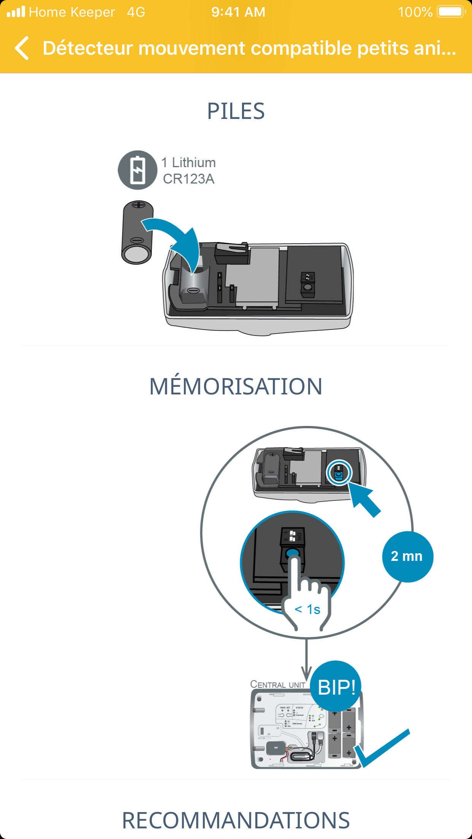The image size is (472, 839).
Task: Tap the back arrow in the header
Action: coord(22,48)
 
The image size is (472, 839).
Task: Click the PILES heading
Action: coord(236,111)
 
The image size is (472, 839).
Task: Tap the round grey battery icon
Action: coord(138,170)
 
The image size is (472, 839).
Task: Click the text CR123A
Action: coord(188,179)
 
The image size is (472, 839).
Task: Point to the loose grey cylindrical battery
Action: coord(137,233)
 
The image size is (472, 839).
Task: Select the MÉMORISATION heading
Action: coord(236,386)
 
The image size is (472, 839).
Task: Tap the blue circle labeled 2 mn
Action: coord(407,556)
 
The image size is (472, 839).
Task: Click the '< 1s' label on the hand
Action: coord(307,609)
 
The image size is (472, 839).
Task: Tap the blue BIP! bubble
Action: coord(336,687)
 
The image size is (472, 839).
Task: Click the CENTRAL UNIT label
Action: coord(278,685)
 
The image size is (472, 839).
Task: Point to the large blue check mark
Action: coord(382,748)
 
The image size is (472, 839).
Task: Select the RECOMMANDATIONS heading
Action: coord(236,820)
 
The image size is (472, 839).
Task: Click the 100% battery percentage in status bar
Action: coord(415,12)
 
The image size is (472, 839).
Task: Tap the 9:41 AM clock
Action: coord(238,12)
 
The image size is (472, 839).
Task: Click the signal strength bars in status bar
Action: coord(16,12)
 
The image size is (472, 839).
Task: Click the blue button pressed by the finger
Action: coord(292,553)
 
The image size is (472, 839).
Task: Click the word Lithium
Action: coord(194,163)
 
